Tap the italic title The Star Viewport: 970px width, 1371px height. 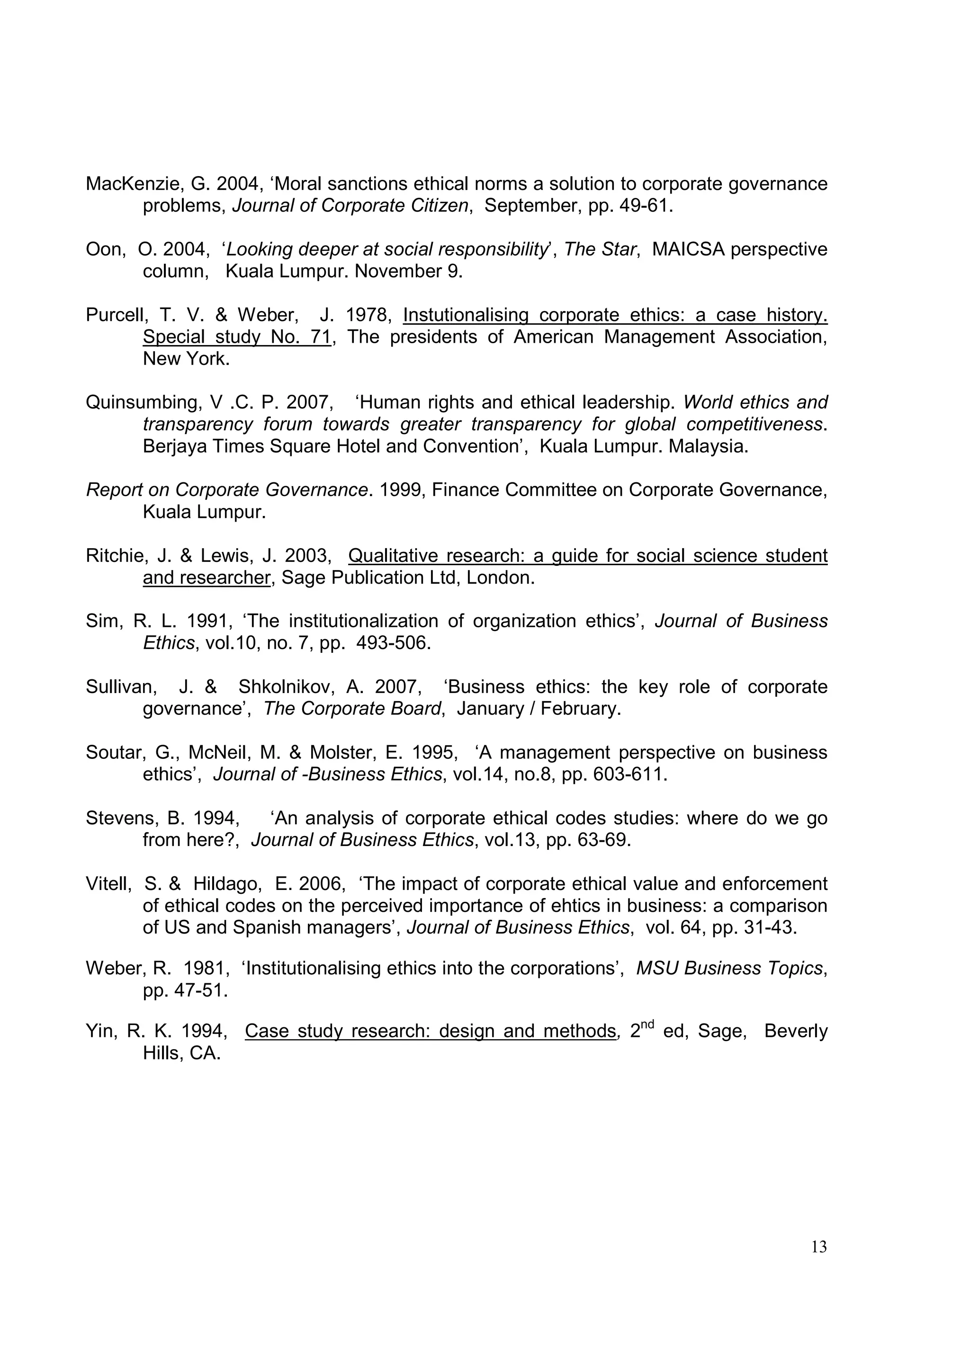[600, 249]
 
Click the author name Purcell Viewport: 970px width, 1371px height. [116, 315]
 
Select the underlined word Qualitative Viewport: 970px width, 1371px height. [394, 556]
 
